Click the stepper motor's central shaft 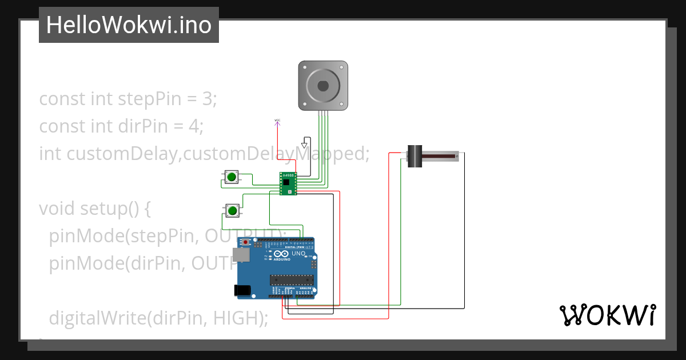point(323,86)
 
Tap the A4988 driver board point(288,183)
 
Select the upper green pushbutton point(232,177)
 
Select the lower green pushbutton point(233,211)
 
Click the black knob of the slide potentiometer point(413,156)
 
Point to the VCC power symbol point(277,121)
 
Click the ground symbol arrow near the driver point(304,145)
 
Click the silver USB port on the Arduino point(241,255)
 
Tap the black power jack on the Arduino point(244,290)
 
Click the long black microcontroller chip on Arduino point(292,279)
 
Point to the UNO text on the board point(299,253)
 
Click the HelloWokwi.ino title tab point(129,25)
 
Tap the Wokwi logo point(607,315)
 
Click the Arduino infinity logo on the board point(281,254)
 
